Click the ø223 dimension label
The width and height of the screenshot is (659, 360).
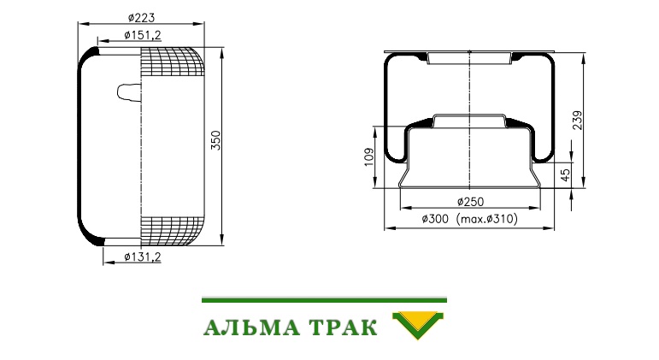[x=142, y=18]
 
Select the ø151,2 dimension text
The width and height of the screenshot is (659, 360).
[x=143, y=35]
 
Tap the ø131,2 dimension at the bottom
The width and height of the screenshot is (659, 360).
[x=143, y=257]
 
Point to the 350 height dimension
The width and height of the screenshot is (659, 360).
[x=215, y=140]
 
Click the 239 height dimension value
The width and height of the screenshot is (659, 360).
[x=578, y=121]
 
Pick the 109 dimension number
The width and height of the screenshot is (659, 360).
[x=369, y=156]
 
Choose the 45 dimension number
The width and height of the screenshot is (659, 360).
[x=566, y=175]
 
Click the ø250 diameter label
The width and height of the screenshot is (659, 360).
[x=470, y=202]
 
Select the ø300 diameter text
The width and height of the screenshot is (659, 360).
[x=435, y=219]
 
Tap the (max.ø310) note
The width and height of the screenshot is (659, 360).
[x=487, y=219]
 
